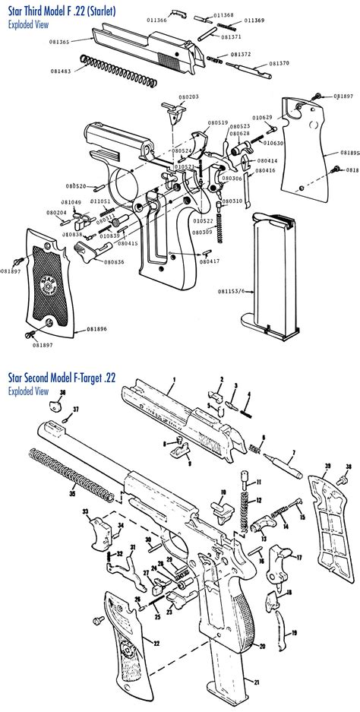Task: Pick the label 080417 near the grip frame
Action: coord(209,261)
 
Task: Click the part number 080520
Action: coord(75,186)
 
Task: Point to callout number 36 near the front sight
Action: coord(63,393)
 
